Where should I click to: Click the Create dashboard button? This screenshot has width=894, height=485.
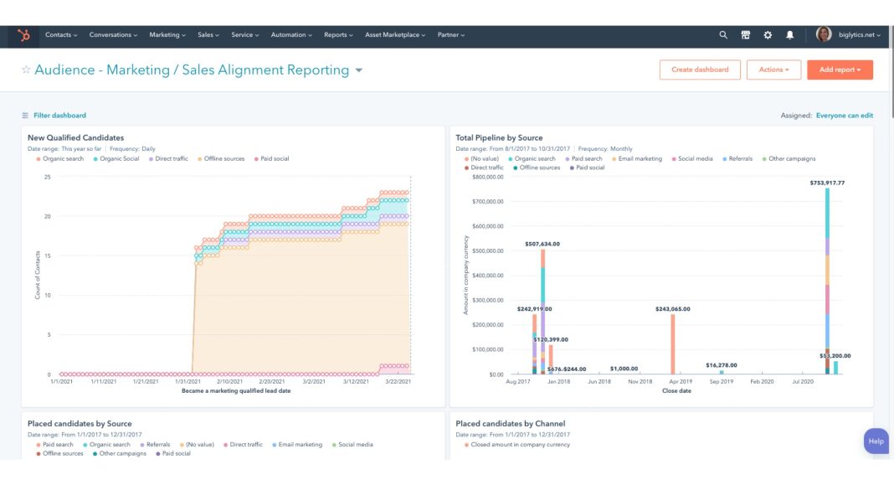click(x=700, y=70)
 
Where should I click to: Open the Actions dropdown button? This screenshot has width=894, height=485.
click(x=773, y=70)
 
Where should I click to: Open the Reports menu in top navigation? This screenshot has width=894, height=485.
click(x=338, y=35)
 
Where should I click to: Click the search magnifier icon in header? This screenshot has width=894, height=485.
click(x=723, y=35)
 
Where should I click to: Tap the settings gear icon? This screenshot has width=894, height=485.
click(x=768, y=35)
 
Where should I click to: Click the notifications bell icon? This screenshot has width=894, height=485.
click(x=789, y=35)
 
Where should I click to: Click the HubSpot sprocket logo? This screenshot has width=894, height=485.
click(x=23, y=35)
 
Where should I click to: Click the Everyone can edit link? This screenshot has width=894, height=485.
click(x=844, y=116)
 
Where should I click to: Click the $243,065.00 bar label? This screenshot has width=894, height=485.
click(x=672, y=308)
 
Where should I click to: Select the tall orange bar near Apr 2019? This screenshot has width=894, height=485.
click(x=672, y=344)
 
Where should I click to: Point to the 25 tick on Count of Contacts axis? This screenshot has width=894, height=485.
click(x=48, y=177)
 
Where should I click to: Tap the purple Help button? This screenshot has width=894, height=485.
click(x=876, y=441)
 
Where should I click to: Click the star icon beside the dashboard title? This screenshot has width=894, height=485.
click(x=26, y=70)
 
